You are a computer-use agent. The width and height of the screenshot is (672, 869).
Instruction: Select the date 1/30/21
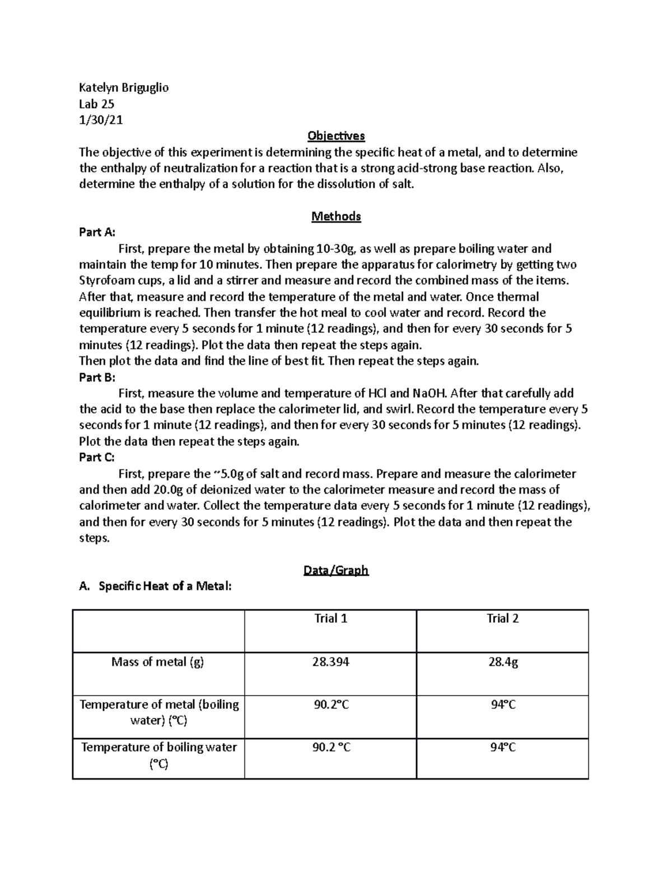click(101, 120)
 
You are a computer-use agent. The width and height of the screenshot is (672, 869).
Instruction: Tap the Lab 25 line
click(96, 104)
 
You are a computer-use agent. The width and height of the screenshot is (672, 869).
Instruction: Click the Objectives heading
click(336, 136)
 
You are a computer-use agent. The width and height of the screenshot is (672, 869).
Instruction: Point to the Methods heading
click(336, 217)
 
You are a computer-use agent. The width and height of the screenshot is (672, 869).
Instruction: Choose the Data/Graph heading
click(336, 570)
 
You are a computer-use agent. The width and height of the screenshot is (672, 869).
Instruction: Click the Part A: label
click(97, 232)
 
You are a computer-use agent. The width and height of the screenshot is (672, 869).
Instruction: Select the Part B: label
click(97, 377)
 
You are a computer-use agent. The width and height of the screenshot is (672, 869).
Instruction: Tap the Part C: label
click(97, 458)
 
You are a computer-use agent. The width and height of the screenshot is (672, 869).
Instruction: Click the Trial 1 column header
click(330, 618)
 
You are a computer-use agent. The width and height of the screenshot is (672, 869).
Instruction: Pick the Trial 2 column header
click(502, 618)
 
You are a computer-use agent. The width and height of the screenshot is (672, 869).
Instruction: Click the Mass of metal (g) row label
click(158, 662)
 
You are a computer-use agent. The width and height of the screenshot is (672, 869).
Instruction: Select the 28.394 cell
click(330, 662)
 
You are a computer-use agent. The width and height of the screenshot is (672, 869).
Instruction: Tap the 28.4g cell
click(502, 662)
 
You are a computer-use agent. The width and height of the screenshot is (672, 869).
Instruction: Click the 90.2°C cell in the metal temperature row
click(331, 705)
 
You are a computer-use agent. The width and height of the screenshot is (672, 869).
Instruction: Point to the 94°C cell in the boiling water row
click(503, 748)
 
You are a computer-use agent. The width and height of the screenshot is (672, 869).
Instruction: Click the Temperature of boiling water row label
click(158, 755)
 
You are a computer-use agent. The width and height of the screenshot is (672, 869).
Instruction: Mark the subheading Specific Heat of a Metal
click(165, 586)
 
